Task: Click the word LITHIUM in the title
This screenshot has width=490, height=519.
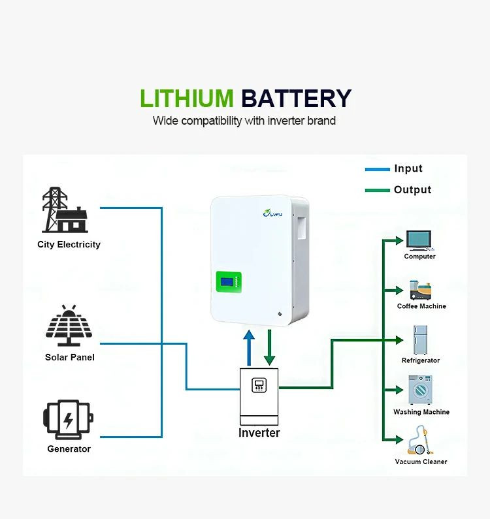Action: tap(186, 99)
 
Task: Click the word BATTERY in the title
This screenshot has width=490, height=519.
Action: tap(296, 99)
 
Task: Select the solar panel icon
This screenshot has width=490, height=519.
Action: tap(69, 326)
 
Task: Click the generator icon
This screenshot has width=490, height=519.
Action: tap(69, 420)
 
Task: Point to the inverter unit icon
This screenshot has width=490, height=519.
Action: tap(259, 396)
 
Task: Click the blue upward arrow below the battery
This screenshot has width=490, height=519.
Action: tap(248, 348)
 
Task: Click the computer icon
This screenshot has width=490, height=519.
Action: tap(419, 240)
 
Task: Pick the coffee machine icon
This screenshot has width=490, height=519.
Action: tap(419, 291)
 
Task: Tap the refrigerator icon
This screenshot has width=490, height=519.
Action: tap(420, 339)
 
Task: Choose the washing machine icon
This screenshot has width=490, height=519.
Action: tap(420, 390)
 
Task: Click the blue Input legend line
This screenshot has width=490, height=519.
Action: tap(377, 170)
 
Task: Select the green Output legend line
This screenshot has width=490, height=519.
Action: tap(377, 191)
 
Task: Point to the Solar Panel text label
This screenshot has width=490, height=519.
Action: tap(70, 358)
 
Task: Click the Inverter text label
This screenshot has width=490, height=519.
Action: tap(259, 433)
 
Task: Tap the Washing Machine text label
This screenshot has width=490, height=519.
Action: tap(421, 412)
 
